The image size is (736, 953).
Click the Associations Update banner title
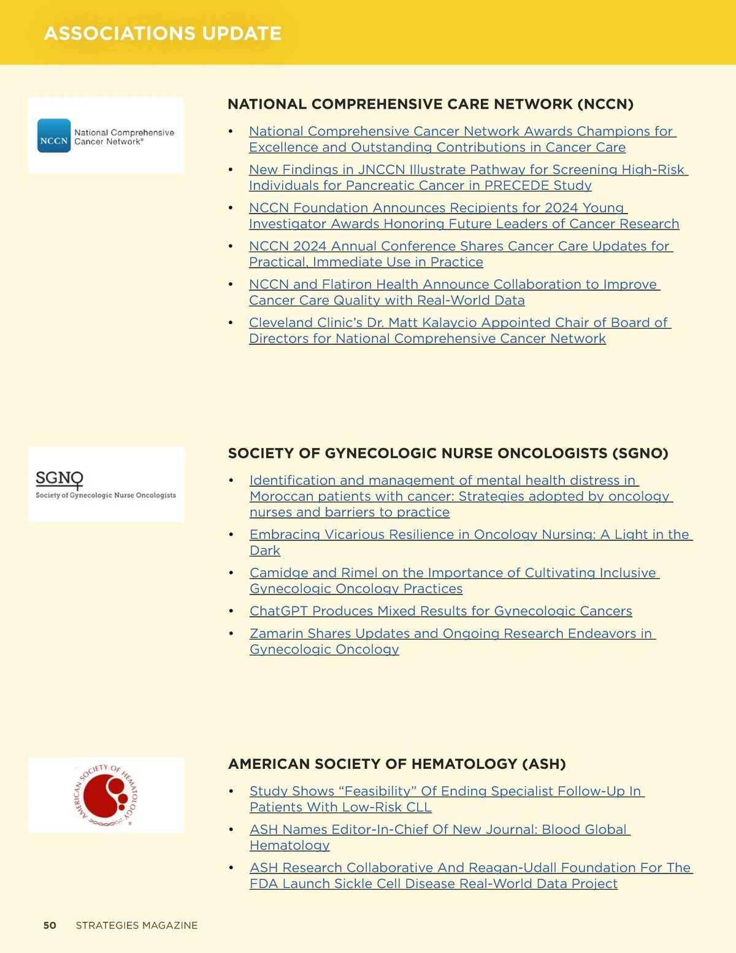(x=163, y=33)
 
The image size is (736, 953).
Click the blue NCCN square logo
(x=54, y=136)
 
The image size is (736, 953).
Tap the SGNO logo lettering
(x=59, y=478)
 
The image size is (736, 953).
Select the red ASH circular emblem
(x=105, y=795)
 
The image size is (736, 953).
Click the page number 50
(x=50, y=925)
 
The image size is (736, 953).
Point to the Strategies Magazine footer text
(x=137, y=925)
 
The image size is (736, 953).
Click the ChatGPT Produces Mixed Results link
(x=440, y=611)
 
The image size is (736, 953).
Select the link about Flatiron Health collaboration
(x=454, y=285)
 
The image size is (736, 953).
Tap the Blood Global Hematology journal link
(x=439, y=830)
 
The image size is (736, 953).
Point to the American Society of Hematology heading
(x=397, y=764)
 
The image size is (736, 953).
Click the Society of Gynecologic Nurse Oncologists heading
(x=448, y=453)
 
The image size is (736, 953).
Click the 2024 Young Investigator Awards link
(x=437, y=208)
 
